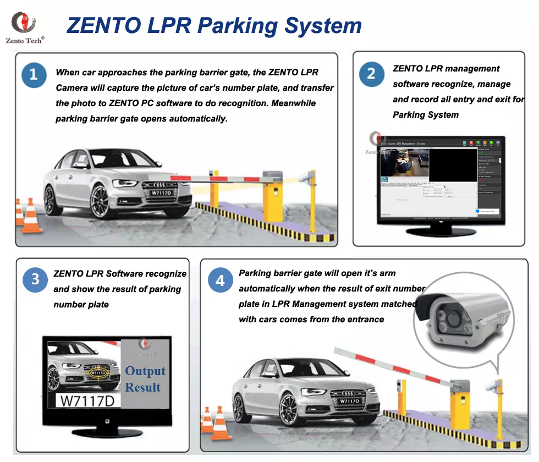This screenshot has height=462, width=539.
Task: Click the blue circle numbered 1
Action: (34, 75)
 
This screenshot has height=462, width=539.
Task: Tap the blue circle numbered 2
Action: (371, 74)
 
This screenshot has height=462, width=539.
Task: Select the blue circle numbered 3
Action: (35, 279)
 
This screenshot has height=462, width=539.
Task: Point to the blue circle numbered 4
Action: (220, 280)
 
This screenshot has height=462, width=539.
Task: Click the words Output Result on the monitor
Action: (145, 379)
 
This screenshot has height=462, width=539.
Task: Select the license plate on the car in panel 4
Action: (349, 401)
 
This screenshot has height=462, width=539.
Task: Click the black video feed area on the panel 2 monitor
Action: (452, 164)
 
